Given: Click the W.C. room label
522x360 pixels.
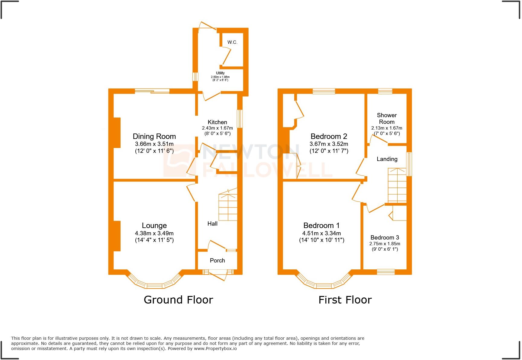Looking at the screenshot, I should [232, 42].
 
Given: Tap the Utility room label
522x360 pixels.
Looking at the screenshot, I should [220, 73].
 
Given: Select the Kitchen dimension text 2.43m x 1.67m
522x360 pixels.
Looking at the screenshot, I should [217, 128].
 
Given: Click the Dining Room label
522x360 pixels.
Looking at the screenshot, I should [154, 136].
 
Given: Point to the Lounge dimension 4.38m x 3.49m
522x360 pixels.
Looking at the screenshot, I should [154, 233].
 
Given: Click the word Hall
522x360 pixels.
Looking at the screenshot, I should [212, 224].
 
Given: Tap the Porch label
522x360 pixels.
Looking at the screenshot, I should [217, 260].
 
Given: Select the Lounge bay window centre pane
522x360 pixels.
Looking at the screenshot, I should [155, 285].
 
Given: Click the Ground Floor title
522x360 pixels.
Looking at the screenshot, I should [178, 300].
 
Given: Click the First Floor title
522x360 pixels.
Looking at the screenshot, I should [345, 300].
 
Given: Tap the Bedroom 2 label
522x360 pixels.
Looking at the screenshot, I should [329, 136].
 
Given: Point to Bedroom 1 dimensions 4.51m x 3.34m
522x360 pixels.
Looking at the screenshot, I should [321, 233].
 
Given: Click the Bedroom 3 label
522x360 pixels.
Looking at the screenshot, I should [385, 237].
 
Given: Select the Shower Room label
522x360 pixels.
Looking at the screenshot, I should [387, 118].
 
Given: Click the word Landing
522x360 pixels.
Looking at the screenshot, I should [387, 159].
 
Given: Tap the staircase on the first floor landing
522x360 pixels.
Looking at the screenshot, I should [397, 186].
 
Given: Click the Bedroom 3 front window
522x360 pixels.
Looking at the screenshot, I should [386, 272].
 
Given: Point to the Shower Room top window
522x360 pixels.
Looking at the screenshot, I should [385, 91].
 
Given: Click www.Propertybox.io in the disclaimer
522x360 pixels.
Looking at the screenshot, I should [215, 349].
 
